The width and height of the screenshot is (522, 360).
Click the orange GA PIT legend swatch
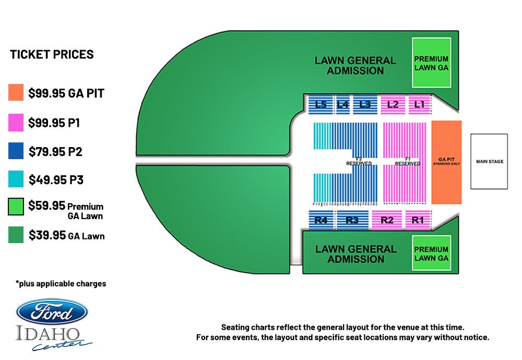pyautogui.click(x=16, y=93)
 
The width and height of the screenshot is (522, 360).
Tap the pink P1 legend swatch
pyautogui.click(x=16, y=123)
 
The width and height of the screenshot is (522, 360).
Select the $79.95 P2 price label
pyautogui.click(x=55, y=152)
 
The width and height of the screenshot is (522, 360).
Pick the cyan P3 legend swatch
pyautogui.click(x=16, y=180)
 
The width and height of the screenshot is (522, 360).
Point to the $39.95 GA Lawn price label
pyautogui.click(x=66, y=235)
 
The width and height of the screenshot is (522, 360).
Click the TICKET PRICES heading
pyautogui.click(x=52, y=54)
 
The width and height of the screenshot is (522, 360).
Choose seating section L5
pyautogui.click(x=320, y=105)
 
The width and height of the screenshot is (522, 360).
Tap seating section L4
pyautogui.click(x=342, y=105)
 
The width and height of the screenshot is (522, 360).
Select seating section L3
pyautogui.click(x=364, y=105)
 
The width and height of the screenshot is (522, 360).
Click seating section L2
pyautogui.click(x=393, y=105)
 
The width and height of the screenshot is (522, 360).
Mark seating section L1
pyautogui.click(x=419, y=105)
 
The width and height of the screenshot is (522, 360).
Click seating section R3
pyautogui.click(x=352, y=220)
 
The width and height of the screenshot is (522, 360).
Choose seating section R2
pyautogui.click(x=387, y=220)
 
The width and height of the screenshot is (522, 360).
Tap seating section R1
pyautogui.click(x=418, y=220)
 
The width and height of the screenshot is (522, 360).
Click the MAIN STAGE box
pyautogui.click(x=489, y=161)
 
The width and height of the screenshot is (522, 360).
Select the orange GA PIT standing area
pyautogui.click(x=446, y=162)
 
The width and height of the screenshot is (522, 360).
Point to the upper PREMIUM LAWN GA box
pyautogui.click(x=431, y=63)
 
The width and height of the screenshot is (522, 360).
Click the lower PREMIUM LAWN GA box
pyautogui.click(x=431, y=253)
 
